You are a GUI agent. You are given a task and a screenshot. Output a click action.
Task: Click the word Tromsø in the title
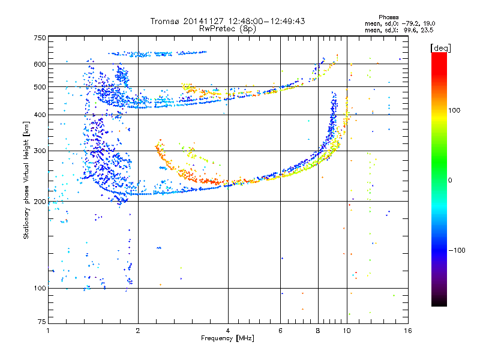point(166,21)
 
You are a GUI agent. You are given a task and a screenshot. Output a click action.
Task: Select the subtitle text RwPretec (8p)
point(227,29)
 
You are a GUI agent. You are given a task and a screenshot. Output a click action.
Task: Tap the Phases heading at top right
point(388,17)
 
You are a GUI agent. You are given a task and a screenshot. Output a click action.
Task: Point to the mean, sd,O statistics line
point(400,23)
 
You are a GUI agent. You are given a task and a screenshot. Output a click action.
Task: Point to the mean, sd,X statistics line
point(399,30)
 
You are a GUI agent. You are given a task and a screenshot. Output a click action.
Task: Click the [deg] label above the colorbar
point(440,48)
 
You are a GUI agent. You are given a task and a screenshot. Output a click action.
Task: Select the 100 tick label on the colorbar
point(454,110)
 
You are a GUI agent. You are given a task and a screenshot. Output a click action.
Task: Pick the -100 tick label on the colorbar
point(457,250)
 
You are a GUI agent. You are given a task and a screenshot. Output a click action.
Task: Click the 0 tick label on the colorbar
point(450,181)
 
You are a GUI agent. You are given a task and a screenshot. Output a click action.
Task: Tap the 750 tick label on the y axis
point(40,38)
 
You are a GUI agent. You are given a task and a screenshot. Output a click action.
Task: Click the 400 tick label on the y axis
point(40,115)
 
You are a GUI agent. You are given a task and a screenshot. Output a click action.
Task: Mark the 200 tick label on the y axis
point(40,202)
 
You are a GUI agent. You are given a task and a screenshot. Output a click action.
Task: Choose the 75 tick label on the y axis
point(42,322)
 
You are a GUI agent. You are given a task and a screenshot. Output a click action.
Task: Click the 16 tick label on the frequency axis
point(408,331)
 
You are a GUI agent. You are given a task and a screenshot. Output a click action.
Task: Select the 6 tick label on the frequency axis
point(280,331)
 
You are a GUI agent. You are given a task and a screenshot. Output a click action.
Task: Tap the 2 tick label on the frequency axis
point(138,331)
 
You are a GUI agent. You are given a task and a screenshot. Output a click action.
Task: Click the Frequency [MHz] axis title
point(227,338)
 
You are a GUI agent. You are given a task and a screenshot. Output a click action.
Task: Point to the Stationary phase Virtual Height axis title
point(26,181)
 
